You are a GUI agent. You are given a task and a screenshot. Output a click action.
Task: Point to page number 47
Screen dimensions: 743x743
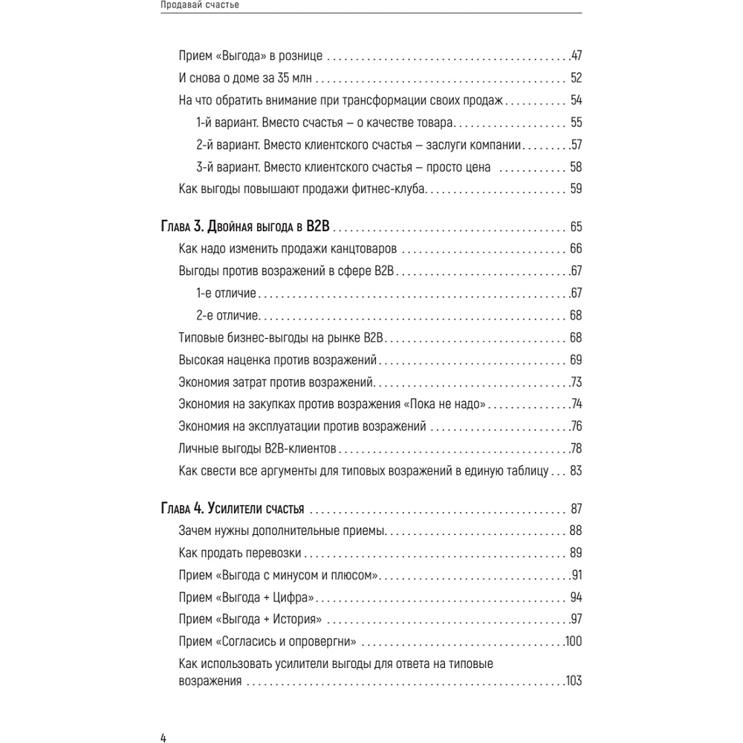(575, 56)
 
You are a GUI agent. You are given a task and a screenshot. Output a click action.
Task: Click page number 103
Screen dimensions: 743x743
(573, 681)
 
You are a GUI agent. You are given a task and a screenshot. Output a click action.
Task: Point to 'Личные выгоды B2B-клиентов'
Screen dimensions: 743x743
(258, 449)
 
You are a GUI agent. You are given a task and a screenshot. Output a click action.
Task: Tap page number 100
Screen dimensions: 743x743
(573, 642)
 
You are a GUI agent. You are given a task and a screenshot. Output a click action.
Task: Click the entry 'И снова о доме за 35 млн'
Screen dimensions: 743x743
(247, 78)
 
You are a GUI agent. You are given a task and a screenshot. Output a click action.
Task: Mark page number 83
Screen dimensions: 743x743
(575, 471)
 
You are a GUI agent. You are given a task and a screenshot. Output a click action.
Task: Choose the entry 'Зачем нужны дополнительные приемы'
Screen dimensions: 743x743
(282, 531)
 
